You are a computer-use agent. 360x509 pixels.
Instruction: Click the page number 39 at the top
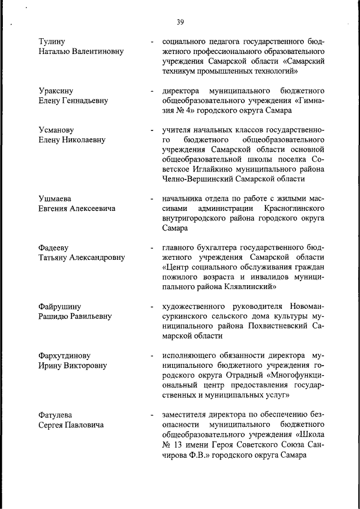point(180,22)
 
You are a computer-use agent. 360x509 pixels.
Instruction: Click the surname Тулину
point(52,42)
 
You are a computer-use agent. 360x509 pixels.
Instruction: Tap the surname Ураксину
point(56,91)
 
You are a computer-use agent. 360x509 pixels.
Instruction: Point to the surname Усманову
point(57,130)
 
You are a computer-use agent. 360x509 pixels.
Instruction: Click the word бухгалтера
point(217,248)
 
